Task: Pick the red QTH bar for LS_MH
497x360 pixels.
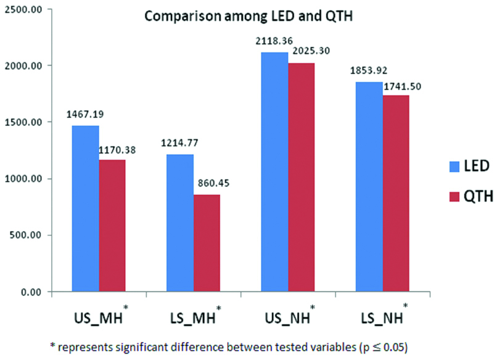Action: [207, 243]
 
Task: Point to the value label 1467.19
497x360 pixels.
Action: [86, 115]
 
